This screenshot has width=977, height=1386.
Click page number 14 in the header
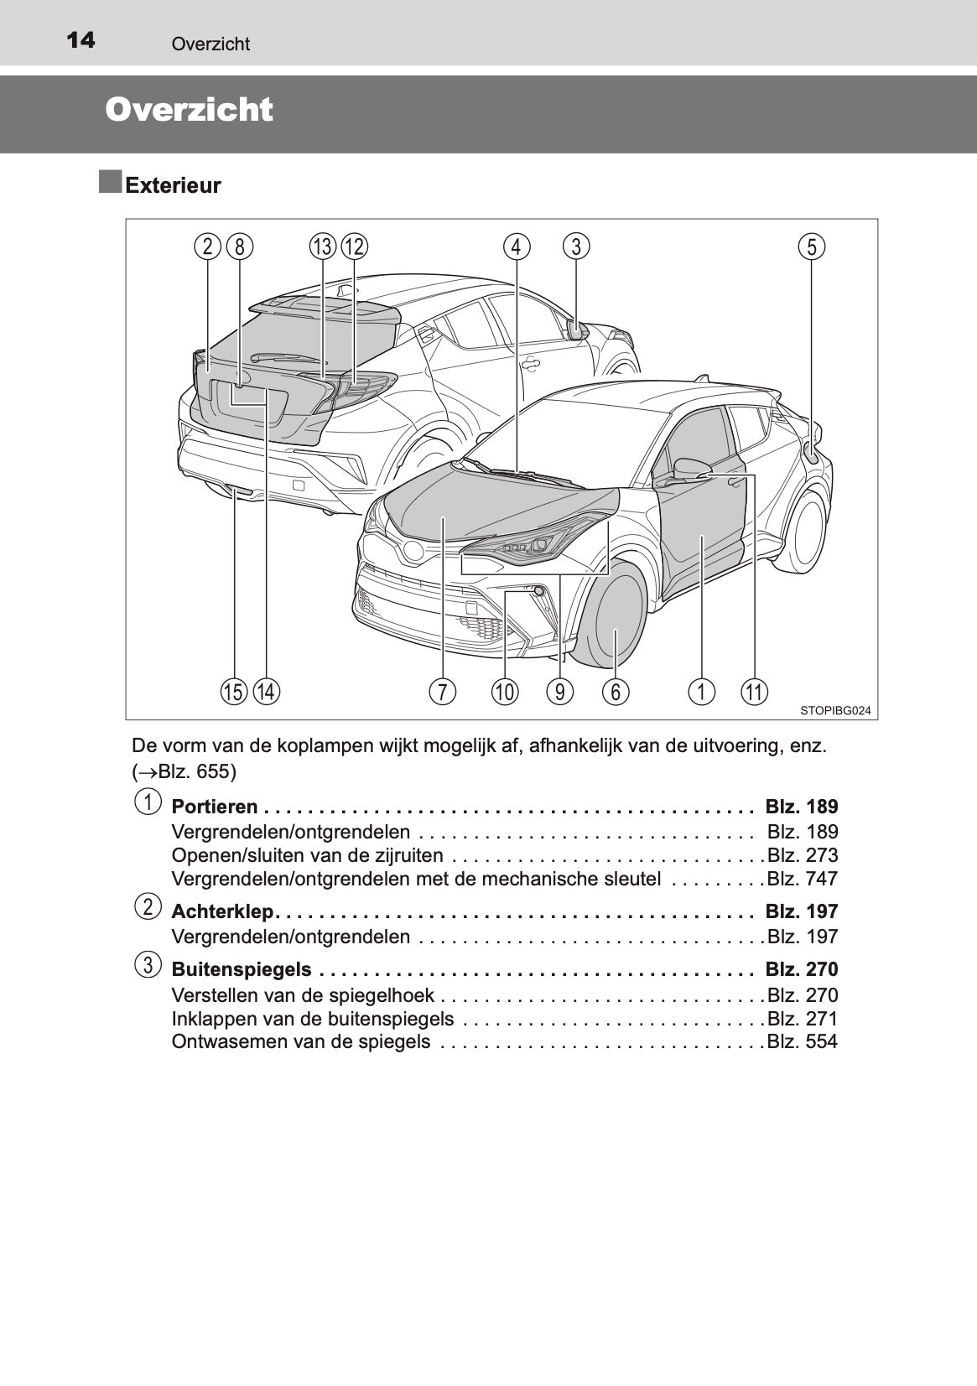80,40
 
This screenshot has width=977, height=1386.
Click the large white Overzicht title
189,111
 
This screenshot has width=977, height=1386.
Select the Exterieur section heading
173,186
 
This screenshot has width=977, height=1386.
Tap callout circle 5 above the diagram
811,247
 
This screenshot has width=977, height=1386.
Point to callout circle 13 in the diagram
322,247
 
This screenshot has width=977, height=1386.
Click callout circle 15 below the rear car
234,692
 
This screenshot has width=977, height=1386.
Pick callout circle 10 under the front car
504,692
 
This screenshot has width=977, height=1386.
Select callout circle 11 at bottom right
754,692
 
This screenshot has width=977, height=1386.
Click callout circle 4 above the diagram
517,247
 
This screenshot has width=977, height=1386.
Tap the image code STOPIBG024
834,710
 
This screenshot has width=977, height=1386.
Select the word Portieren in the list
215,807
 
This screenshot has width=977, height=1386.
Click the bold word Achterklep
222,911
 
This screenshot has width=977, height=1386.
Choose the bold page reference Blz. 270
801,969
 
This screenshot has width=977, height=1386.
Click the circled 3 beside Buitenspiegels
147,965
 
